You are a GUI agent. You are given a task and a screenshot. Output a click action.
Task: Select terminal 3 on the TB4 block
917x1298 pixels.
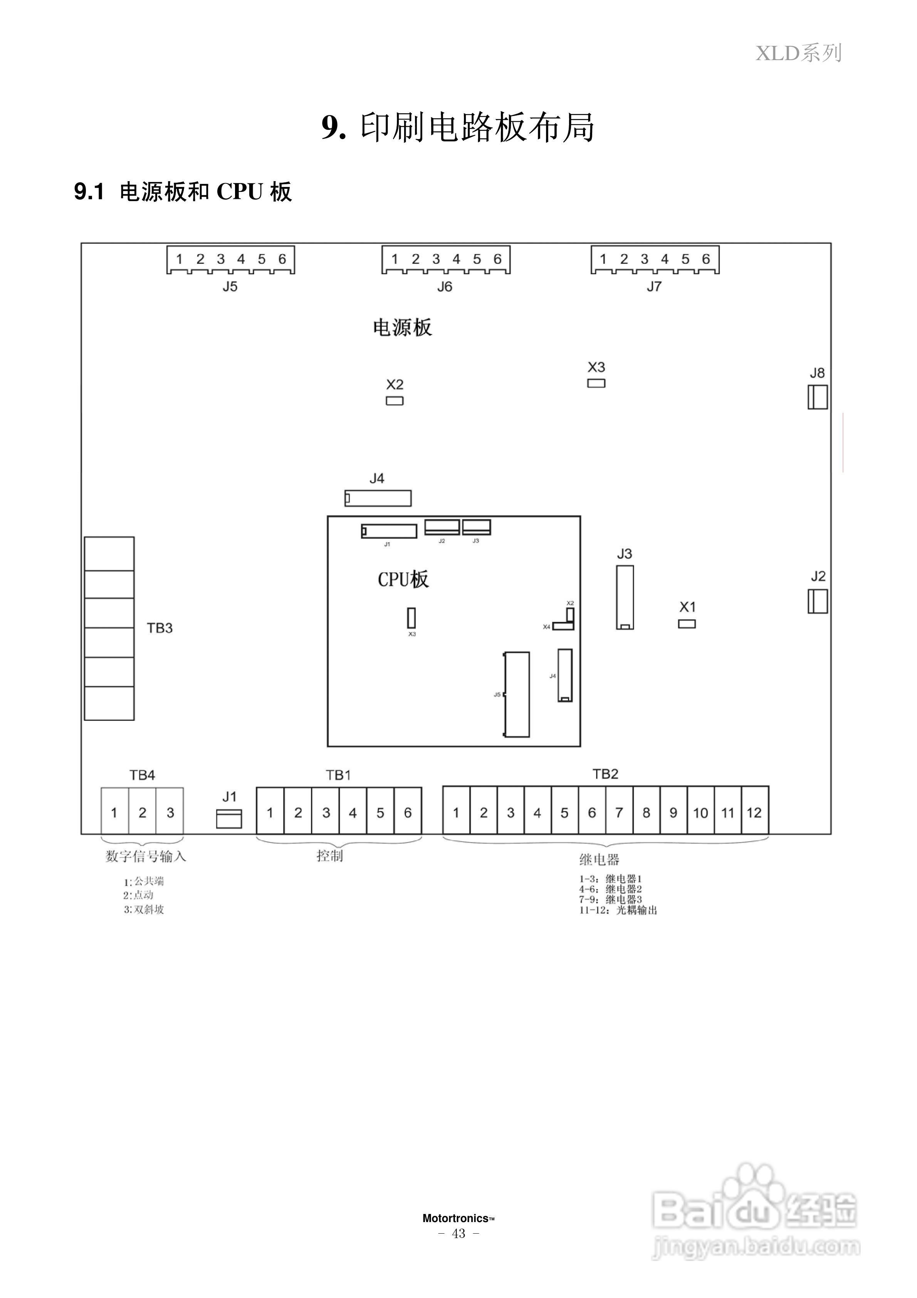pyautogui.click(x=170, y=812)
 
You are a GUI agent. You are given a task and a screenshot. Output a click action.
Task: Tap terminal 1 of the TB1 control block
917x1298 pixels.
pyautogui.click(x=270, y=812)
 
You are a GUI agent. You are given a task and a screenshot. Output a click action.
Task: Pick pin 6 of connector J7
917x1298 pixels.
pyautogui.click(x=706, y=259)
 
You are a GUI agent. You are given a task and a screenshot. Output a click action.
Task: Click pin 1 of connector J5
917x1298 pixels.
pyautogui.click(x=179, y=259)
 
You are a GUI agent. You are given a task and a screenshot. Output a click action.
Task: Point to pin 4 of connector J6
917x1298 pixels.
pyautogui.click(x=456, y=259)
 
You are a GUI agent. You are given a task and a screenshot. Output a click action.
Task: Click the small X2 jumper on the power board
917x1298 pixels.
pyautogui.click(x=395, y=401)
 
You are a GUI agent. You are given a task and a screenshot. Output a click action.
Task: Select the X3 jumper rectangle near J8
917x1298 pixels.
pyautogui.click(x=596, y=383)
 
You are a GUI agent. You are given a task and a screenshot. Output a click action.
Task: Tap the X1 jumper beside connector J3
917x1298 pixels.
pyautogui.click(x=687, y=624)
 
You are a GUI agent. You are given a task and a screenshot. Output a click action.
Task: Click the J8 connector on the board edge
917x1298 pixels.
pyautogui.click(x=818, y=397)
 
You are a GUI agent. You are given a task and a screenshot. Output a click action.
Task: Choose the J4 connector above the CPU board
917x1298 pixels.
pyautogui.click(x=378, y=498)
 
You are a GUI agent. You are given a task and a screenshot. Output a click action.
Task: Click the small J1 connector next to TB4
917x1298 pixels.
pyautogui.click(x=229, y=819)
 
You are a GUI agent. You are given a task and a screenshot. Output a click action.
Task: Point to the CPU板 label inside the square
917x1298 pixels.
pyautogui.click(x=403, y=580)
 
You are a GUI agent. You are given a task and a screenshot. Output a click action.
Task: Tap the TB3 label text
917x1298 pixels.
pyautogui.click(x=160, y=628)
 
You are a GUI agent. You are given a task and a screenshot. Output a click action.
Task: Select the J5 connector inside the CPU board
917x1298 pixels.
pyautogui.click(x=517, y=695)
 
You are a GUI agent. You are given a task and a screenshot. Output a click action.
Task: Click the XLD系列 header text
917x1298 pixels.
pyautogui.click(x=799, y=53)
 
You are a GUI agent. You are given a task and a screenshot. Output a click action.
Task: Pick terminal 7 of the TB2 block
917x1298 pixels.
pyautogui.click(x=619, y=812)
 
